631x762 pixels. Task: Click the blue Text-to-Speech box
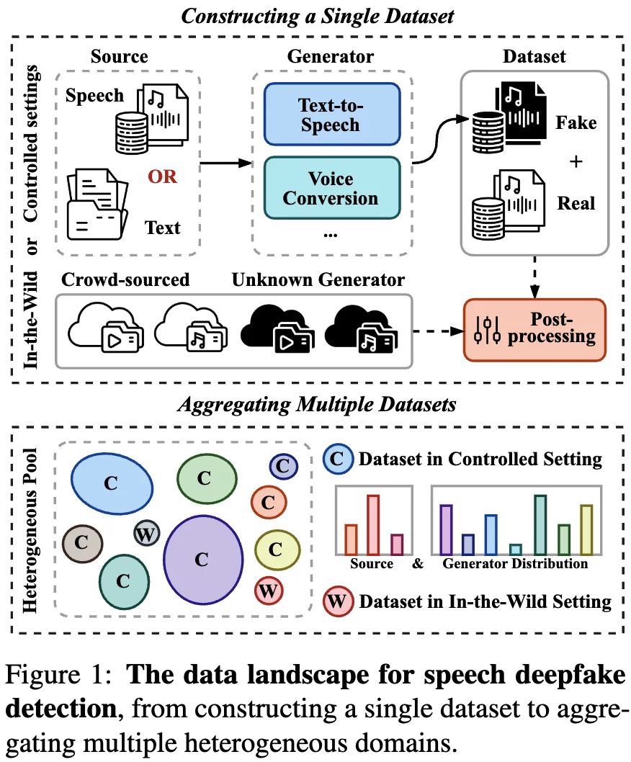tap(331, 114)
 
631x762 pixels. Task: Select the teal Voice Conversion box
tap(331, 188)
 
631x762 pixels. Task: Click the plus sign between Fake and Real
tap(576, 162)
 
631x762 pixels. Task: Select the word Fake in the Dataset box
tap(576, 123)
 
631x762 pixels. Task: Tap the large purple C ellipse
tap(202, 558)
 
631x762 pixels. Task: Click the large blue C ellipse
tap(111, 483)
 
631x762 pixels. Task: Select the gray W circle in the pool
tap(147, 534)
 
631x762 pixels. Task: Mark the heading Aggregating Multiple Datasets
tap(316, 405)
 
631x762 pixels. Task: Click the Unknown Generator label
tap(318, 279)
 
